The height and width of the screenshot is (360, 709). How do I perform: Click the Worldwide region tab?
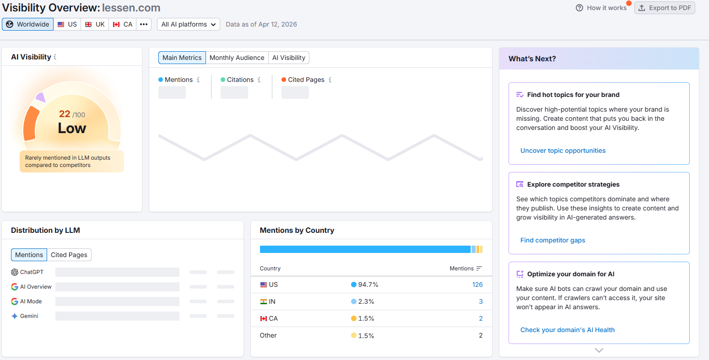(x=28, y=24)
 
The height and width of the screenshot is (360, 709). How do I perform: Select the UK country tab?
(x=95, y=24)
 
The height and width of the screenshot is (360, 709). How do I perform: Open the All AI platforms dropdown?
(x=188, y=24)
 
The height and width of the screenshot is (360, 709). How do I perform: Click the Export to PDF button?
(x=665, y=8)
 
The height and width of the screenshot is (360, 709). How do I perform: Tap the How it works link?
(x=601, y=8)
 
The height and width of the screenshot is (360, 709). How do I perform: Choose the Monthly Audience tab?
(x=237, y=58)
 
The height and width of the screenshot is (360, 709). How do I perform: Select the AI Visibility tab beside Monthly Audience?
(x=288, y=58)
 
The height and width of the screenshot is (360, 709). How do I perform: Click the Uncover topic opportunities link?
(x=563, y=150)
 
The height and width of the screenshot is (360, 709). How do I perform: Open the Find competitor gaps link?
(x=552, y=240)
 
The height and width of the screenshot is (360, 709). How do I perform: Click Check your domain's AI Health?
(x=567, y=330)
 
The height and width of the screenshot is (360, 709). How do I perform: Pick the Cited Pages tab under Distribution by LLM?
(x=69, y=255)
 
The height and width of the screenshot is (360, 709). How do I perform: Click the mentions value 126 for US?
(x=477, y=285)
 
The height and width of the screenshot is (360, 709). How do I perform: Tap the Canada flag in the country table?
(x=263, y=318)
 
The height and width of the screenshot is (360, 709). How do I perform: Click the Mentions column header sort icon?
(x=479, y=269)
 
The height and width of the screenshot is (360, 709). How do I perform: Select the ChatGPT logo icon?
(x=15, y=272)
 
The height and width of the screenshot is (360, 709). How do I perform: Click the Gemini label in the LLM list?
(x=29, y=316)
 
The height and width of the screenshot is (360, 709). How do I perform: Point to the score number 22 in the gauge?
(x=65, y=114)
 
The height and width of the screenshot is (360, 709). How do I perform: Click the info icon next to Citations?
(x=259, y=80)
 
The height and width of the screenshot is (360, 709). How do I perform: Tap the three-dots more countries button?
(x=144, y=24)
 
